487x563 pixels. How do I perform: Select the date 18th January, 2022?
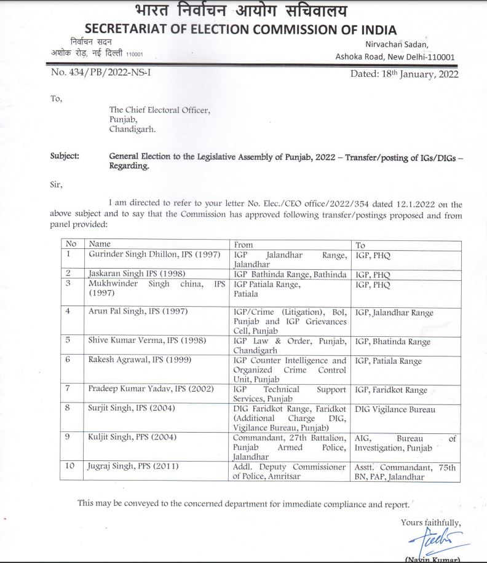(404, 75)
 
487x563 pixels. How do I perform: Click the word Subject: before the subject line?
(65, 156)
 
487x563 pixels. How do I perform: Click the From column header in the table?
(243, 244)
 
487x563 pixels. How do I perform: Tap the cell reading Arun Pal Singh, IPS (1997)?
(138, 312)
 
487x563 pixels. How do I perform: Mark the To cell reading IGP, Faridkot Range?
(391, 390)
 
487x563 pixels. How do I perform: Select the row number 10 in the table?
(71, 467)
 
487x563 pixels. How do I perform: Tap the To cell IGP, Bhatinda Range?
(393, 342)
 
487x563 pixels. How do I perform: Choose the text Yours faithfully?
(430, 522)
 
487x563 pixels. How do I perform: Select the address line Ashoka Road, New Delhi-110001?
(395, 57)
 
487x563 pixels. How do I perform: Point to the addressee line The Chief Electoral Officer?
(159, 110)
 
